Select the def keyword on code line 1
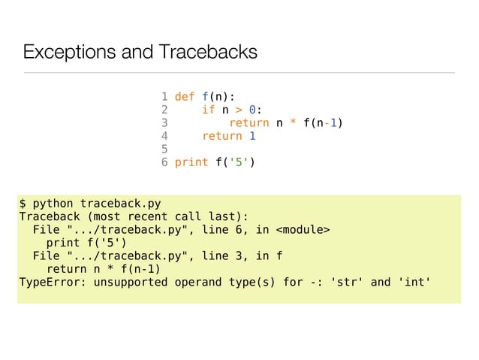[185, 97]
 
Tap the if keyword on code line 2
[209, 110]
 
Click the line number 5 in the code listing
[164, 149]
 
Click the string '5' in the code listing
[239, 162]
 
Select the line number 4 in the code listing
[164, 136]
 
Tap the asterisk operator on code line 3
[294, 123]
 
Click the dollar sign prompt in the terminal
[23, 203]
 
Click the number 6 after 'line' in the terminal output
[235, 229]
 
